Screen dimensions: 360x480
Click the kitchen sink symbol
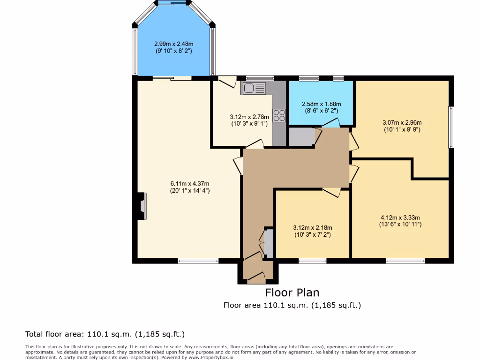tap(253, 88)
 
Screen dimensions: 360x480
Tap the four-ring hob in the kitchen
tap(279, 115)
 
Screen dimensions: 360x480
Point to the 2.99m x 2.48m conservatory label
tap(174, 47)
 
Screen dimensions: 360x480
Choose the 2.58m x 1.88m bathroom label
tap(321, 107)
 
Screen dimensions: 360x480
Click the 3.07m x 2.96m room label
tap(402, 126)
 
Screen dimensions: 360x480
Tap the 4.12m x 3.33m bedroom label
tap(400, 221)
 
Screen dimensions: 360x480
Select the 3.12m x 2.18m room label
tap(312, 231)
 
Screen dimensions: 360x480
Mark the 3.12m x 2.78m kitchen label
tap(249, 120)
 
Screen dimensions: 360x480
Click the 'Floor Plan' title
tap(292, 292)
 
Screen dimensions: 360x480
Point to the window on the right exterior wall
tap(451, 127)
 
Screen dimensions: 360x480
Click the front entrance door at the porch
tap(256, 278)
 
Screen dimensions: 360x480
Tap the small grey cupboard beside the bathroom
tap(301, 136)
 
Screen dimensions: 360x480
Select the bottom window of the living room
tap(198, 261)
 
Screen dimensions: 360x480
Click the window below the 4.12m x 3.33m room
tap(405, 261)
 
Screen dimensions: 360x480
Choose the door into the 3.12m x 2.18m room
tap(331, 191)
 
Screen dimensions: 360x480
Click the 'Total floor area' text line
tap(105, 334)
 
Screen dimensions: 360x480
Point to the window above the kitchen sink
tap(260, 78)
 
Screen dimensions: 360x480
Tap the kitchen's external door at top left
tap(227, 82)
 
